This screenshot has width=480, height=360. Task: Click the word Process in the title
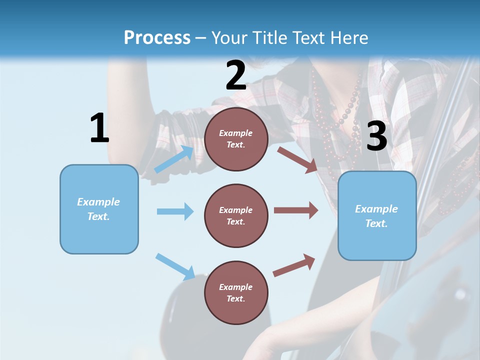(157, 38)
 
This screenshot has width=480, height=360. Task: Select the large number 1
(99, 128)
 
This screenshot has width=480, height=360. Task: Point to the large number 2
(236, 75)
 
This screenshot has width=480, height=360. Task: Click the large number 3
(376, 136)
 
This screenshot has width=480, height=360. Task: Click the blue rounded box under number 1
(99, 209)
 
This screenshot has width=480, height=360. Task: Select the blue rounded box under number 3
(377, 216)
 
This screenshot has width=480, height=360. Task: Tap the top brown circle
(236, 139)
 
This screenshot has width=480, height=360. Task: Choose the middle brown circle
(236, 216)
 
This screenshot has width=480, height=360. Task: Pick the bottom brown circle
(236, 293)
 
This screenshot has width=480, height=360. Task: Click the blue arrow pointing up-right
(174, 159)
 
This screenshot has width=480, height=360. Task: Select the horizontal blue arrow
(175, 211)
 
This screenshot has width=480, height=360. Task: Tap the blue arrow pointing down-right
(175, 266)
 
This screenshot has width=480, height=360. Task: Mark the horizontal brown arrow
(296, 210)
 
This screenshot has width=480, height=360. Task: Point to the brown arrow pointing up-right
(294, 265)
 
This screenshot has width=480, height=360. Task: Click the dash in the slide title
(201, 38)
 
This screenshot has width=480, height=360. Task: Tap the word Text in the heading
(307, 38)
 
